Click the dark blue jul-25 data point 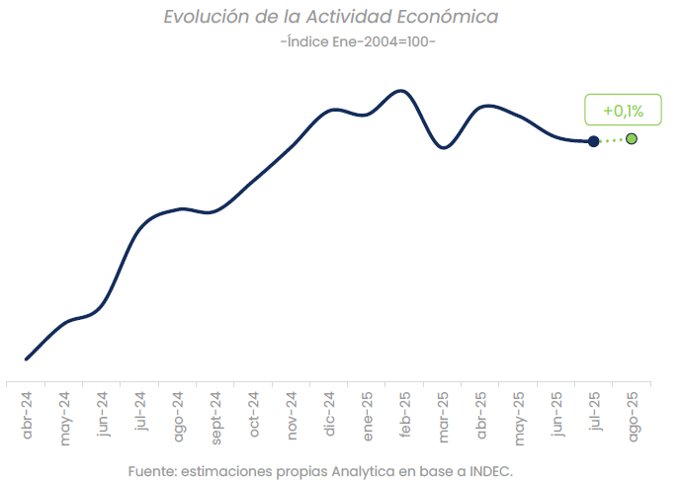pos(593,141)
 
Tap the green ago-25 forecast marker pos(632,138)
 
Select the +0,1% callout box pos(623,112)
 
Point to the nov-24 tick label pos(293,416)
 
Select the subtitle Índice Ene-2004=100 pos(358,43)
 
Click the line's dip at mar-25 pos(444,148)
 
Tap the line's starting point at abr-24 pos(27,359)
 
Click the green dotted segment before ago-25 pos(613,140)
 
